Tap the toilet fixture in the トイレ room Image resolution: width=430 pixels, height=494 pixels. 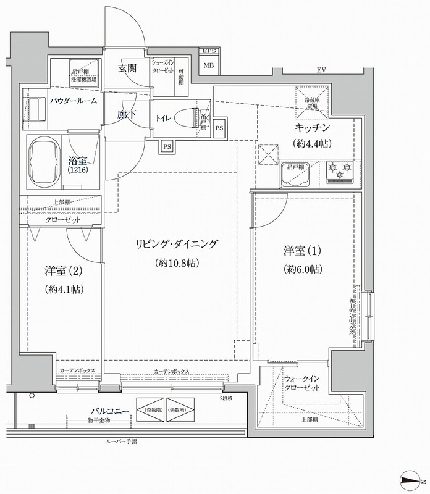pyautogui.click(x=185, y=116)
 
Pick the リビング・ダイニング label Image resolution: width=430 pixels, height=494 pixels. pyautogui.click(x=176, y=245)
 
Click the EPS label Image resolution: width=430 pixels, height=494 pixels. pyautogui.click(x=209, y=51)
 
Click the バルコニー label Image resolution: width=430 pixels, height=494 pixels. pyautogui.click(x=110, y=410)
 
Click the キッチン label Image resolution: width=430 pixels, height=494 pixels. pyautogui.click(x=312, y=128)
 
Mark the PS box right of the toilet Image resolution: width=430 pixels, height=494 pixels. pyautogui.click(x=220, y=127)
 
